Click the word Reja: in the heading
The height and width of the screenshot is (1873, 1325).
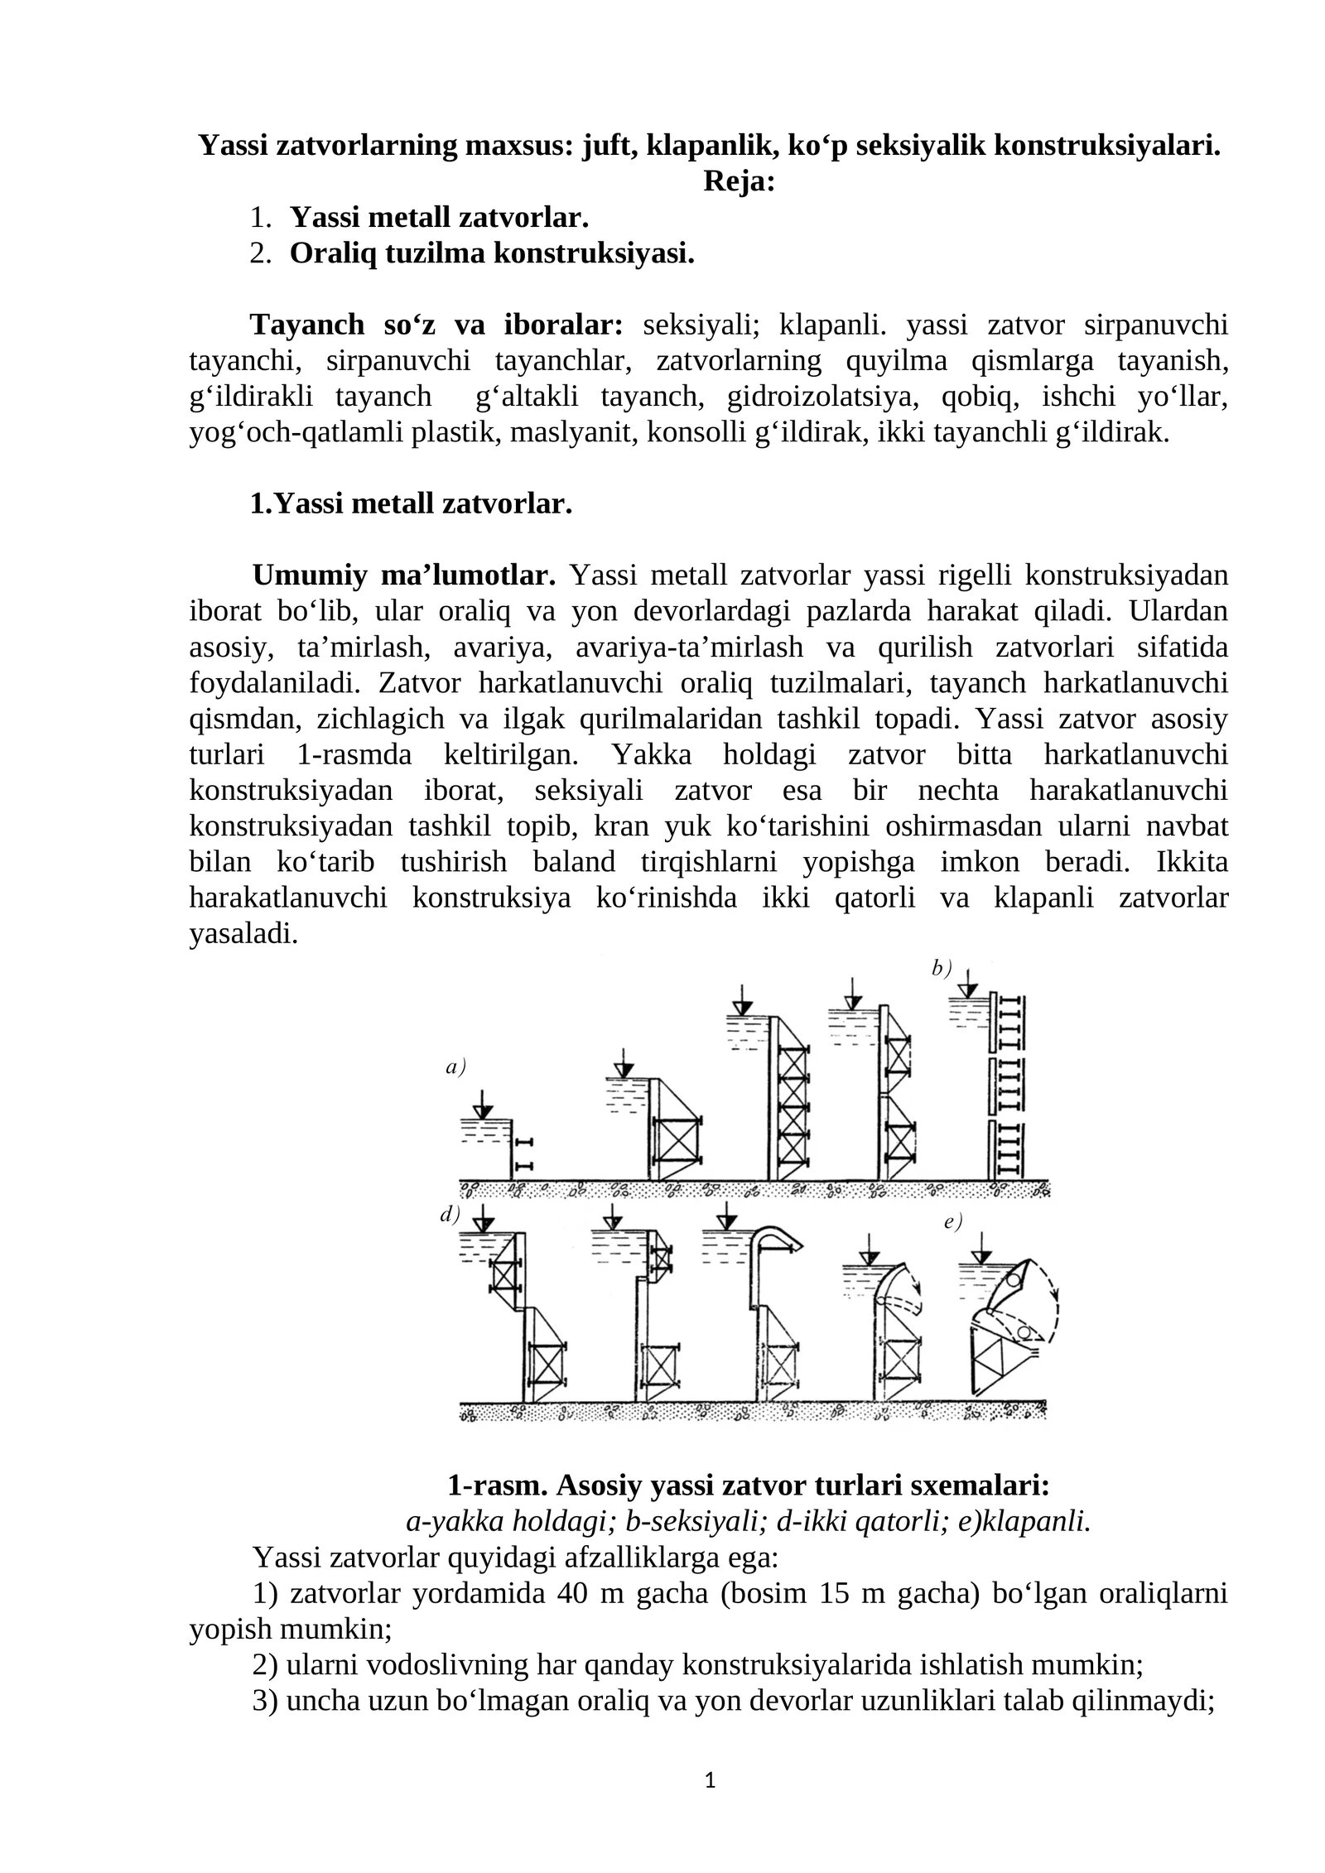(738, 181)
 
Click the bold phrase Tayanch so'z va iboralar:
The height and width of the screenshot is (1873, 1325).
(436, 324)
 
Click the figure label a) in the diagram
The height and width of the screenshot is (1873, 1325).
(455, 1067)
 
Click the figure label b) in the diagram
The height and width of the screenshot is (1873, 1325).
(942, 967)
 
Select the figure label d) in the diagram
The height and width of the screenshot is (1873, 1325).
(450, 1214)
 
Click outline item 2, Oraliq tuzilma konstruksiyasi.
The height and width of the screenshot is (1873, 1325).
(492, 253)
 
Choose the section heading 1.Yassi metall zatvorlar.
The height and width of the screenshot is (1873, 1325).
(411, 503)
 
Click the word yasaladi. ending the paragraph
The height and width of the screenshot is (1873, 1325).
(243, 934)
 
